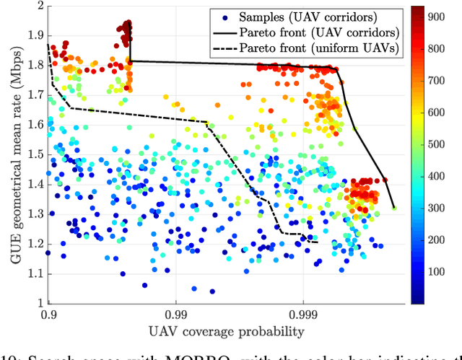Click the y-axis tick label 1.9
[x=33, y=35]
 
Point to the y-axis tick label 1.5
[x=33, y=154]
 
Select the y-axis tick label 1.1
[x=33, y=273]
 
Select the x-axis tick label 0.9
[x=48, y=315]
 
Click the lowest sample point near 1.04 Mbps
[x=212, y=291]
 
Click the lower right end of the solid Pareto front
[x=394, y=208]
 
